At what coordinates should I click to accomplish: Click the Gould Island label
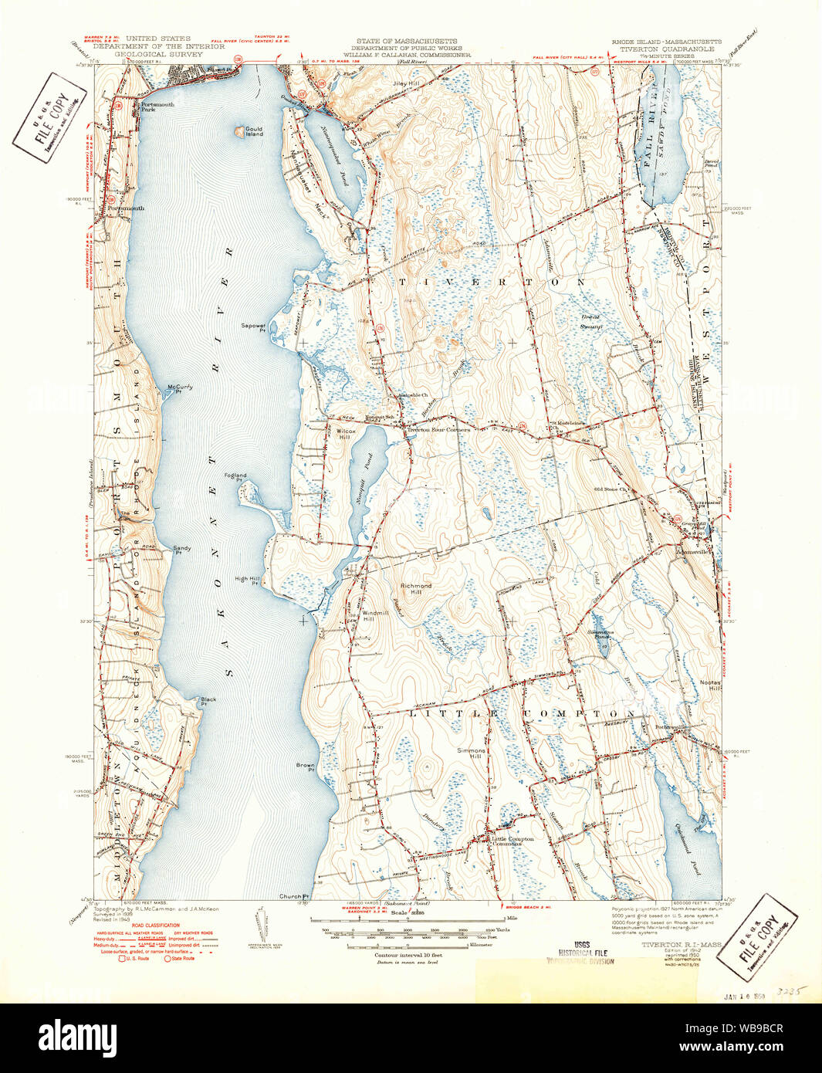pos(254,131)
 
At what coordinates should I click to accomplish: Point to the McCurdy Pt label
pos(179,389)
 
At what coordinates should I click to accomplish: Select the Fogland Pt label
pos(235,478)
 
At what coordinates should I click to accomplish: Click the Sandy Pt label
pos(182,550)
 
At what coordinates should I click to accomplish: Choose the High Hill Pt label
pos(247,581)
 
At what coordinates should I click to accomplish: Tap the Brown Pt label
pos(306,767)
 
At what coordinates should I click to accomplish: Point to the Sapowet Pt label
pos(253,327)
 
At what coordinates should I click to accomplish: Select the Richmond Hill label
pos(416,589)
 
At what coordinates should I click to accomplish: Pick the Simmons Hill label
pos(471,753)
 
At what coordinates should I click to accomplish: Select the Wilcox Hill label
pos(345,434)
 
